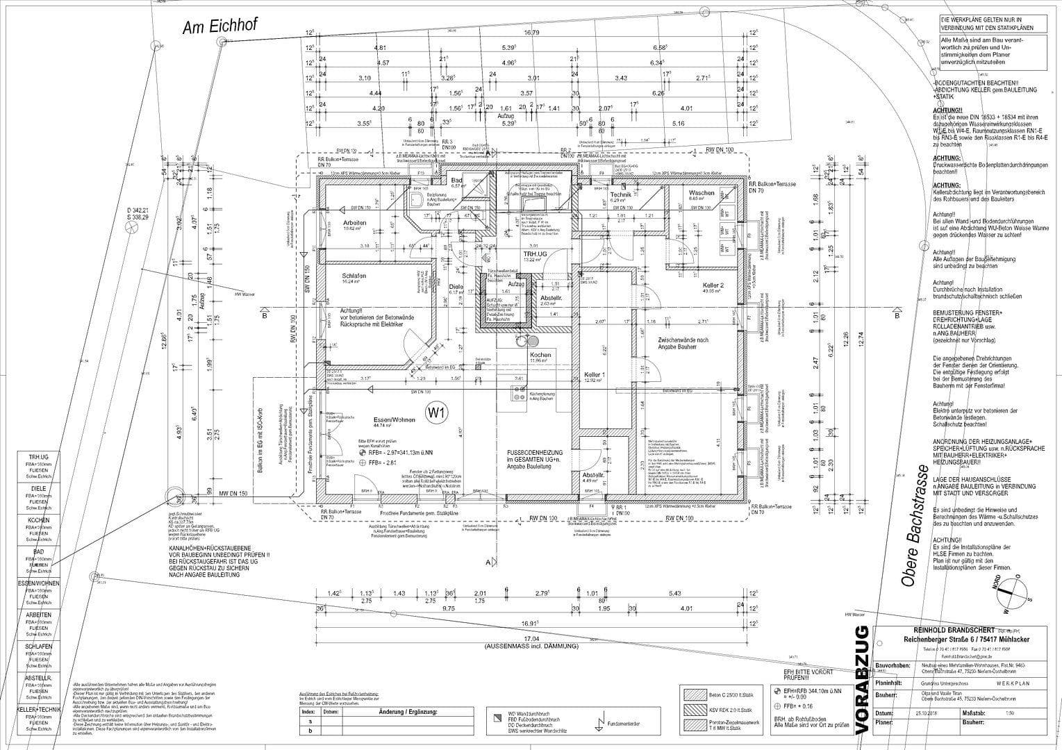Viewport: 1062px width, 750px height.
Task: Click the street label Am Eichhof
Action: tap(219, 26)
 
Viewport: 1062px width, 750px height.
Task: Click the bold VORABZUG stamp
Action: tap(861, 679)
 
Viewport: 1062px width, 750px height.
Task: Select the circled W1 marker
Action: tap(437, 413)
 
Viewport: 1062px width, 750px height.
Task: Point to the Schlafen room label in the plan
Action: tap(354, 276)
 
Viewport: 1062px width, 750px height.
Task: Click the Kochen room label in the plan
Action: tap(540, 355)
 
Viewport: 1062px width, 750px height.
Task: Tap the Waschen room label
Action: tap(702, 192)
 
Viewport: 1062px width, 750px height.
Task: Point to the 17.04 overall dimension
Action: tap(531, 638)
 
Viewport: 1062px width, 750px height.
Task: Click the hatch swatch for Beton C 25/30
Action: tap(694, 694)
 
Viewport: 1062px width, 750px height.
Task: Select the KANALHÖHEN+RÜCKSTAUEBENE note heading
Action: tap(218, 548)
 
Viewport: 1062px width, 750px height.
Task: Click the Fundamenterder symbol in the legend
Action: tap(597, 722)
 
